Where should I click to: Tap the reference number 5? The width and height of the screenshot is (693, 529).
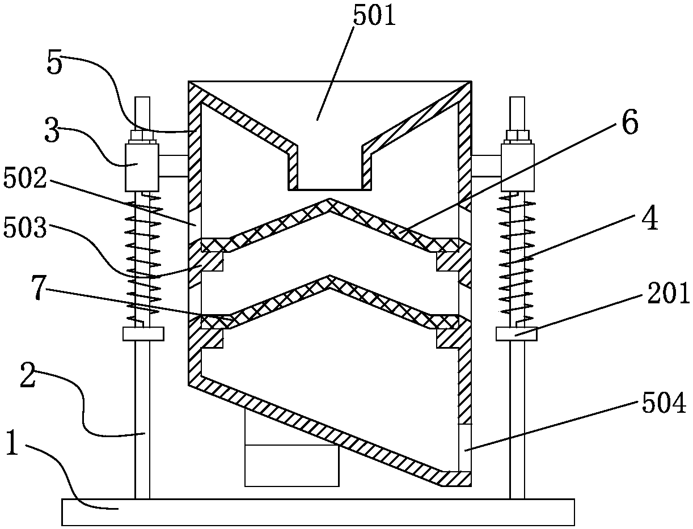[55, 64]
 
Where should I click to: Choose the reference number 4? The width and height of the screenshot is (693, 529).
[650, 220]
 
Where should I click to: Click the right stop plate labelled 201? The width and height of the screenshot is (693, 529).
[517, 334]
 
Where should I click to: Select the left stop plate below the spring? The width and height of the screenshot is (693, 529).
[143, 333]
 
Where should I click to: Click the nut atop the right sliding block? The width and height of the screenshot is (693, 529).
[517, 136]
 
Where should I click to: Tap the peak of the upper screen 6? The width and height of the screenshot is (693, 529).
[329, 202]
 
